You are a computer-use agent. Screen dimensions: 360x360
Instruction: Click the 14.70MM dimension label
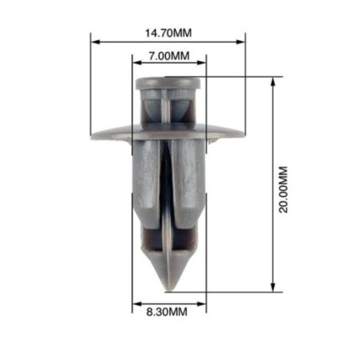click(x=167, y=33)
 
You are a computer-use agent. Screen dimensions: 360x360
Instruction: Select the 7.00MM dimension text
click(x=167, y=55)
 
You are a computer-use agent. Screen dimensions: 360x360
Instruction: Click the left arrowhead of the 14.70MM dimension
click(x=95, y=40)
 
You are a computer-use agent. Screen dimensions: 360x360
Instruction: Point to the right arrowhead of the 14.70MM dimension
click(x=242, y=40)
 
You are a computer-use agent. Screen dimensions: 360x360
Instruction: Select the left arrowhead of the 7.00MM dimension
click(x=136, y=63)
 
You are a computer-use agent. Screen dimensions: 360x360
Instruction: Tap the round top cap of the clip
click(x=168, y=82)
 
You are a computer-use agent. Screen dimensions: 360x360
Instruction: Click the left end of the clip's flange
click(x=94, y=135)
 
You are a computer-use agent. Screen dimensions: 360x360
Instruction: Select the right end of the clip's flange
click(x=242, y=135)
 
